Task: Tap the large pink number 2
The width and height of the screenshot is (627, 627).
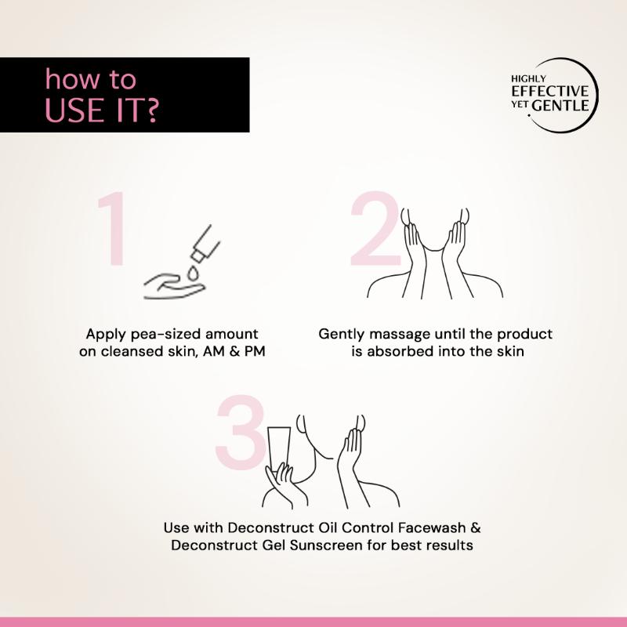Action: coord(375,229)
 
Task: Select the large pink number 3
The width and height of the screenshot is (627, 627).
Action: coord(241,433)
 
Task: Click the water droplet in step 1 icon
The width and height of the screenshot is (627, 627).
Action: coord(193,274)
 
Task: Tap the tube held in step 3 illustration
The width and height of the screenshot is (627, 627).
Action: coord(279,448)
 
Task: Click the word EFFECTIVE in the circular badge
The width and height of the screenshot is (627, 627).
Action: coord(550,91)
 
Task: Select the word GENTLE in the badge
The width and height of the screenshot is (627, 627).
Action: coord(560,106)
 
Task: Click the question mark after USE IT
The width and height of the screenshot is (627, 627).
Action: coord(151,110)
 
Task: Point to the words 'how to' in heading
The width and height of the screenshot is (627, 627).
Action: coord(91,79)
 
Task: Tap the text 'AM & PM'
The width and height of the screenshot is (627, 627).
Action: coord(234,351)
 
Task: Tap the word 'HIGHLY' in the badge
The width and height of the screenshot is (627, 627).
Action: coord(528,79)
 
